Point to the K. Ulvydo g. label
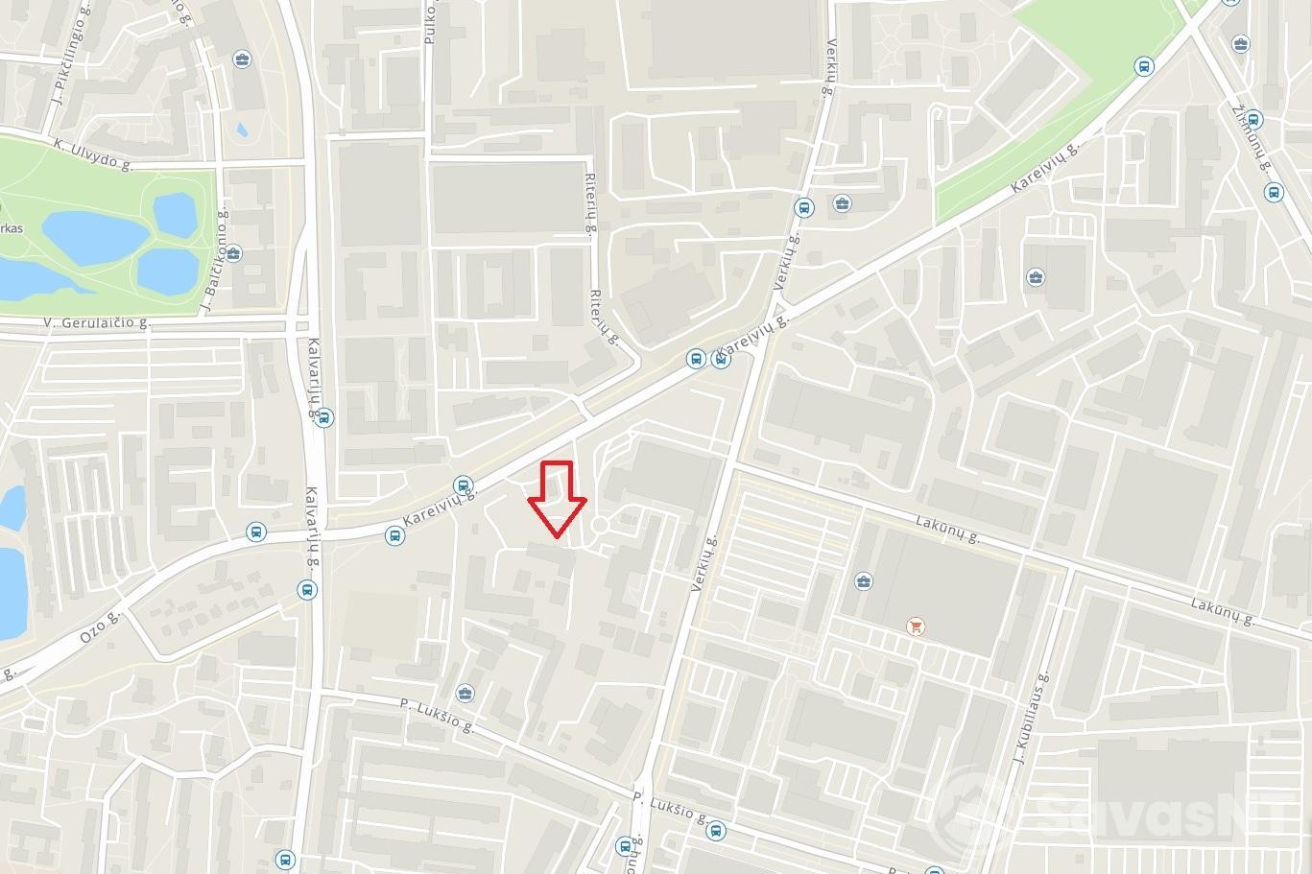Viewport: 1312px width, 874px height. (x=93, y=154)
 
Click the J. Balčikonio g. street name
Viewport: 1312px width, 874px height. (x=212, y=261)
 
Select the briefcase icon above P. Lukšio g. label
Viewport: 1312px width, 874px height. (x=465, y=694)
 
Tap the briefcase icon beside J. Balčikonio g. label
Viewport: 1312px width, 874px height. (x=234, y=254)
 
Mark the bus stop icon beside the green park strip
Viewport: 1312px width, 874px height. (x=1143, y=66)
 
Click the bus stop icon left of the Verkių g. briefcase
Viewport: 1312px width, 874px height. (x=802, y=207)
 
